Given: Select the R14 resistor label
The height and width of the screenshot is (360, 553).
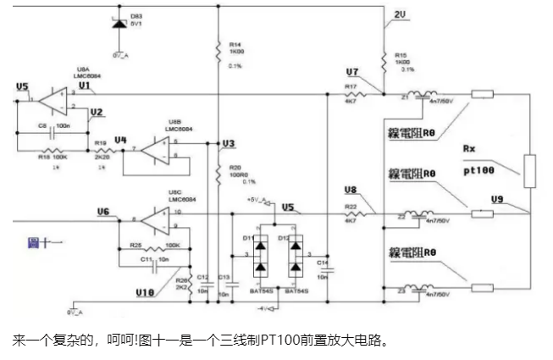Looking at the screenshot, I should point(234,44).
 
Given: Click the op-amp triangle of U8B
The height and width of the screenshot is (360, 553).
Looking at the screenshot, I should point(157,151).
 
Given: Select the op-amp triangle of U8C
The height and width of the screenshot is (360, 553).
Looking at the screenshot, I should point(157,221).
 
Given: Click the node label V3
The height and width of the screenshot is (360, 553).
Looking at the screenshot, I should point(227,144).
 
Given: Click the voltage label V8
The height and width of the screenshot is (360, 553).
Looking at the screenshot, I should point(352,190).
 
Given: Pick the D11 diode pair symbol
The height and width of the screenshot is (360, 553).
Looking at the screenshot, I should point(262,254).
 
